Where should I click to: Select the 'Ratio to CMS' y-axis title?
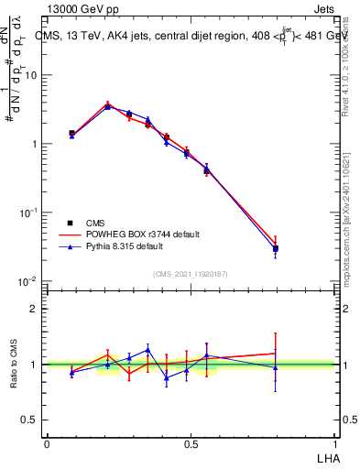[x=14, y=364]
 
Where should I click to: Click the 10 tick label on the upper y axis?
[x=32, y=75]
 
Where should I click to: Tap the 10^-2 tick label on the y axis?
[x=29, y=280]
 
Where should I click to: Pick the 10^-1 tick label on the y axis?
[x=29, y=213]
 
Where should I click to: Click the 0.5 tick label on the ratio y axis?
[x=32, y=420]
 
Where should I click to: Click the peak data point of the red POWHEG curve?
[x=108, y=104]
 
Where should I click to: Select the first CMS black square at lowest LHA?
[x=71, y=133]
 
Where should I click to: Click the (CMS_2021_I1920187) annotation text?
[x=190, y=273]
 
